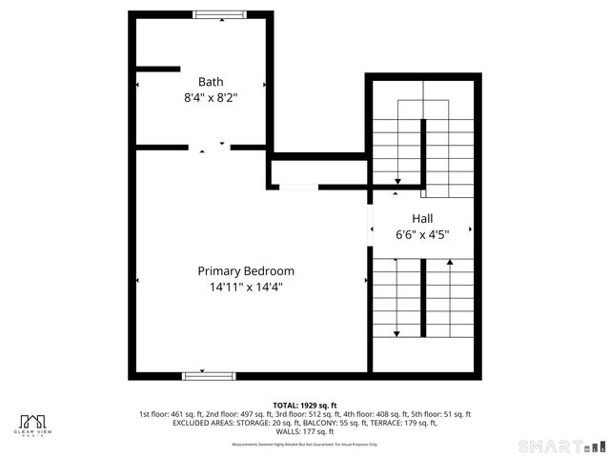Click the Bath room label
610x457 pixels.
[210, 82]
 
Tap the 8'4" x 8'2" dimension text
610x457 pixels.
[210, 97]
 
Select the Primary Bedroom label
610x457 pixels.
[246, 271]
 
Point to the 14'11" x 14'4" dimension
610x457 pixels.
[246, 288]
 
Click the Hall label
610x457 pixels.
[422, 218]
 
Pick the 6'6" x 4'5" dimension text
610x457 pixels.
[422, 233]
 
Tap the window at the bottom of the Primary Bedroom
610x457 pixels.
[208, 376]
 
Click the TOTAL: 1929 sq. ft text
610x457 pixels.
[305, 405]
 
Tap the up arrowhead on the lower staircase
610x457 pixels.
[449, 261]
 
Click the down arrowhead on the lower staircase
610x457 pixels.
[397, 332]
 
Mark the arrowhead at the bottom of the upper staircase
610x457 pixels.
[398, 184]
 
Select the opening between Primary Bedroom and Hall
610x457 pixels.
[369, 225]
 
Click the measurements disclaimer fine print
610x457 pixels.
[305, 445]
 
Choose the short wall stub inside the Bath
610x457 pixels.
[157, 69]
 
